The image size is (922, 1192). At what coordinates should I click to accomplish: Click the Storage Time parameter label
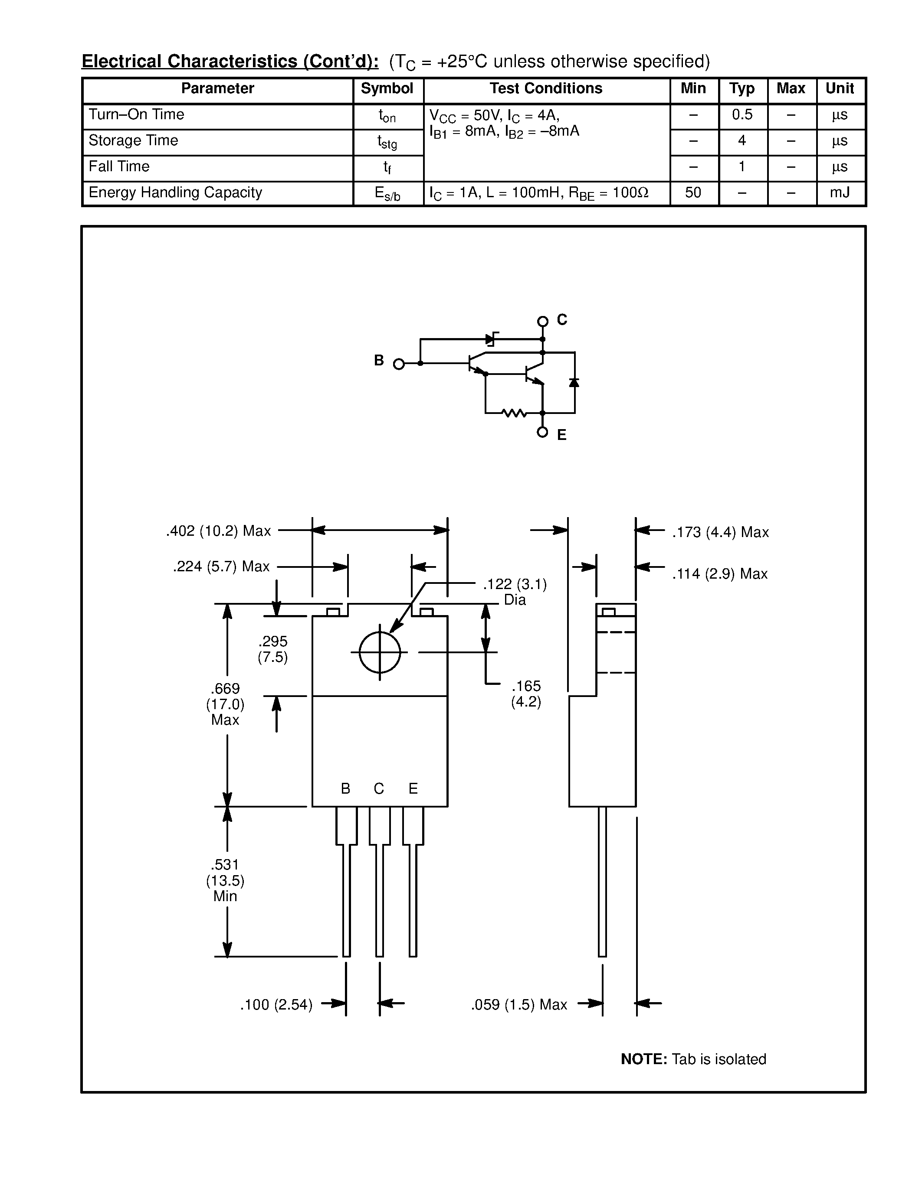tap(133, 141)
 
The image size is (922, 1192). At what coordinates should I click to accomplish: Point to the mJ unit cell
tap(840, 192)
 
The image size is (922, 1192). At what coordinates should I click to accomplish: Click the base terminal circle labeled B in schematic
tap(399, 364)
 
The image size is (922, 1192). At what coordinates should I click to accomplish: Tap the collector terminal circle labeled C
tap(542, 322)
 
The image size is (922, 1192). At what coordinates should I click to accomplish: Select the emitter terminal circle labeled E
tap(542, 432)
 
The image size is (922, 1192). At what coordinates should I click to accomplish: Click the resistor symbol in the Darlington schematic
tap(514, 414)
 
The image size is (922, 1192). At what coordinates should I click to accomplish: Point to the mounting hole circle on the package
tap(380, 652)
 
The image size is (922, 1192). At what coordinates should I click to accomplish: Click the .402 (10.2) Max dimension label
tap(219, 531)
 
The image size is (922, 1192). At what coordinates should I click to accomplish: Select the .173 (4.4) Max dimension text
tap(720, 533)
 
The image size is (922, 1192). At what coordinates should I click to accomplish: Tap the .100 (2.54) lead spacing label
tap(276, 1005)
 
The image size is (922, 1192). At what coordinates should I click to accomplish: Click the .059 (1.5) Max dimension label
tap(519, 1005)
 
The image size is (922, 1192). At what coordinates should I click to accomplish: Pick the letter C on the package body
tap(379, 788)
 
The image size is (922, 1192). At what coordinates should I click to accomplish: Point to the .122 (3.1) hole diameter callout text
tap(515, 585)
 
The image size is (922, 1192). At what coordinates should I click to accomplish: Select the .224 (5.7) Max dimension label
tap(221, 567)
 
